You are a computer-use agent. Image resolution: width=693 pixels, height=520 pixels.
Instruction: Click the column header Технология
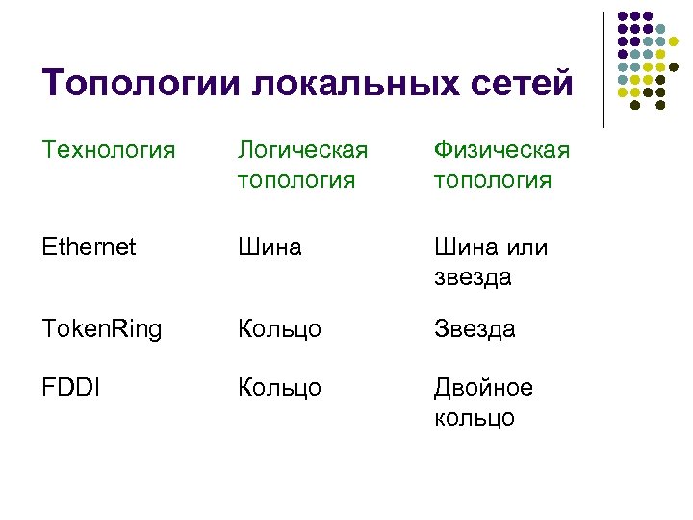click(x=109, y=150)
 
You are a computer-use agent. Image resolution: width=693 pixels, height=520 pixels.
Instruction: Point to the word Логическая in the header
click(x=303, y=150)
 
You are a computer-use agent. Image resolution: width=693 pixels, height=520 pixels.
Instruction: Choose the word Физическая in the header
click(x=500, y=150)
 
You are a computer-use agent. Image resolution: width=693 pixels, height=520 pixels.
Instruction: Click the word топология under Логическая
click(x=297, y=180)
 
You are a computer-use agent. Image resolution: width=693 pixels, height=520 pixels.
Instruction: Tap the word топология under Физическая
click(x=492, y=180)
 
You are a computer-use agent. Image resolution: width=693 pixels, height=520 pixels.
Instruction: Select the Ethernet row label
click(x=89, y=247)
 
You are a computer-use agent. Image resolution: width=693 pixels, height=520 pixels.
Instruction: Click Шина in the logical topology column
click(x=270, y=247)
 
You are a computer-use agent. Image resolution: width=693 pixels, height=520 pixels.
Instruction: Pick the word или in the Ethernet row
click(x=528, y=247)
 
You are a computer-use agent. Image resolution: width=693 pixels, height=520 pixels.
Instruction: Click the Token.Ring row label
click(x=102, y=329)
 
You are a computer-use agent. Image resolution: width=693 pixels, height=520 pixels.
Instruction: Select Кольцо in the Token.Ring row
click(x=279, y=329)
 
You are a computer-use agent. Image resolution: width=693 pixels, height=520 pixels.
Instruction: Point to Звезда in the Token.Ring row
click(x=475, y=329)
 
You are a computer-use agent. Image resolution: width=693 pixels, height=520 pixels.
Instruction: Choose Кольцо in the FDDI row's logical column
click(x=279, y=387)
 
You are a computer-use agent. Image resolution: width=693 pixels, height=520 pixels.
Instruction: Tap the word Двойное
click(x=483, y=387)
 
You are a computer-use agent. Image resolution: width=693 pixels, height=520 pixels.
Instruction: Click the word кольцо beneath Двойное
click(x=475, y=418)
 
